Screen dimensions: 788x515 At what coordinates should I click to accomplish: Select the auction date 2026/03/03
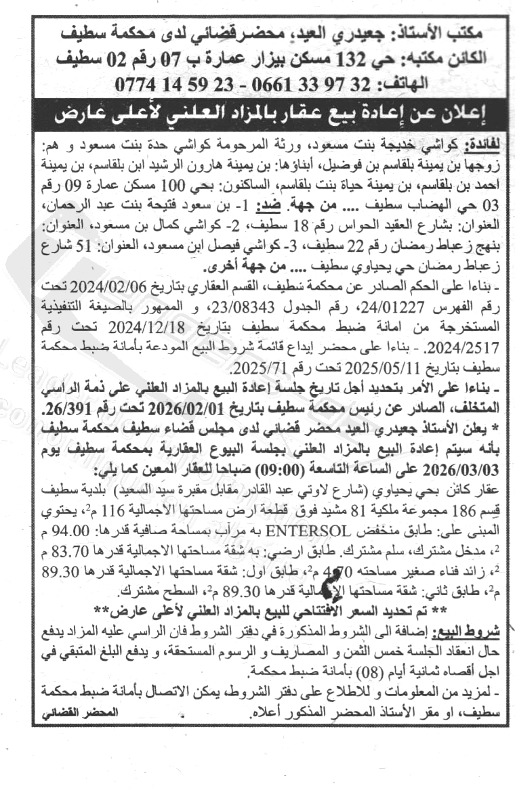point(468,468)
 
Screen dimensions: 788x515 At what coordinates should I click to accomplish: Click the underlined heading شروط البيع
point(476,630)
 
